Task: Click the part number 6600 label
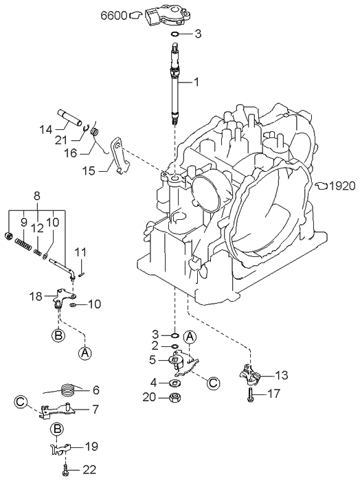114,15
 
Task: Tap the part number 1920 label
343,186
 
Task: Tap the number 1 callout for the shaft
196,82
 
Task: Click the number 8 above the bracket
37,197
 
